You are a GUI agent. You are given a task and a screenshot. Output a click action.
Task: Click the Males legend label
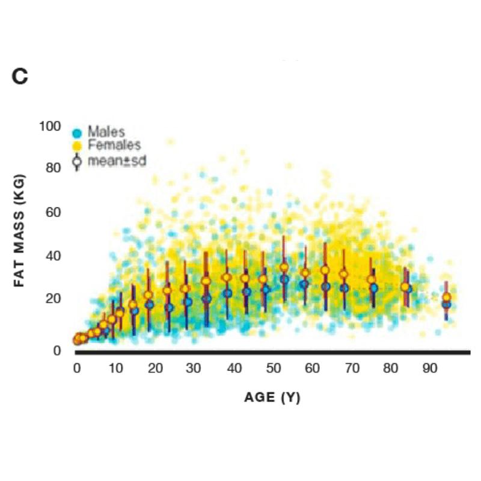(106, 131)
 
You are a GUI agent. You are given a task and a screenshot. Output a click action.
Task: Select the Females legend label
(114, 146)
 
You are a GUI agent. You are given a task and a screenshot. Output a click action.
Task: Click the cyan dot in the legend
(77, 132)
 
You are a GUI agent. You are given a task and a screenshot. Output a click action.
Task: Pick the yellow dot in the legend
(77, 146)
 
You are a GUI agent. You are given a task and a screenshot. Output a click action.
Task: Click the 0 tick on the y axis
(57, 350)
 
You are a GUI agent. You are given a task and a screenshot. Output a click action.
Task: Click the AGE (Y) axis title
(272, 397)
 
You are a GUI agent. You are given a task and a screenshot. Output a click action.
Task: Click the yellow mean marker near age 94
(447, 297)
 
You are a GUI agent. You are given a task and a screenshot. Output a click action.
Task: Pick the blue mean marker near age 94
(446, 305)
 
